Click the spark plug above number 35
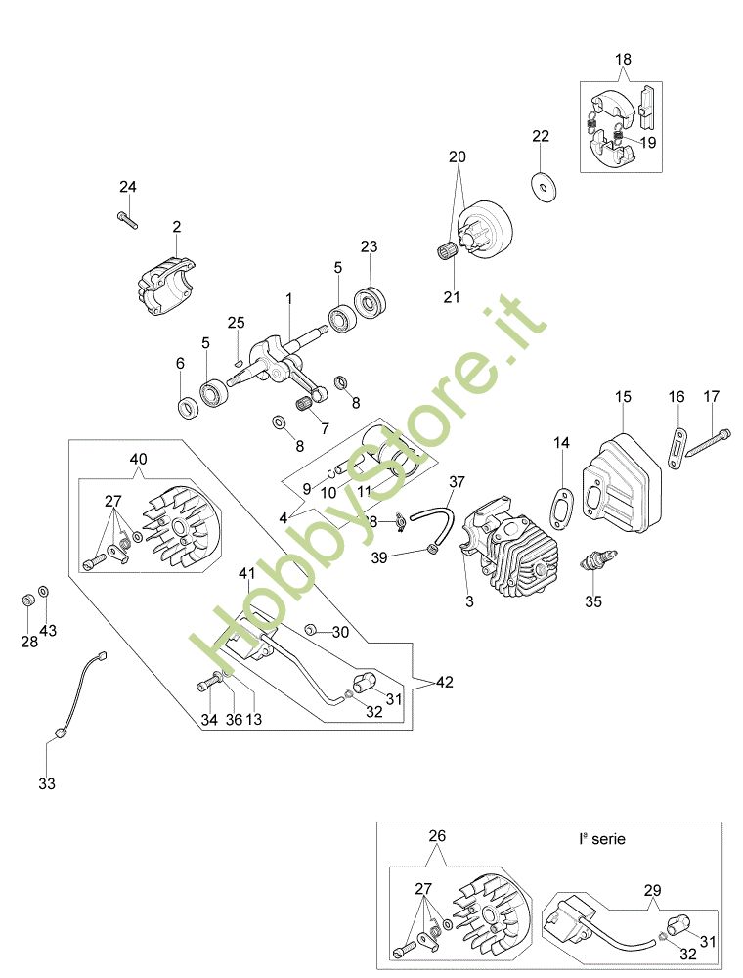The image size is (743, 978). [x=593, y=563]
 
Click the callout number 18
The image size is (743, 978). [x=623, y=60]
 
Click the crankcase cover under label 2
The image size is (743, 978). [x=166, y=285]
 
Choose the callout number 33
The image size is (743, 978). [x=47, y=783]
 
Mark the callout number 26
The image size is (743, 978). [x=436, y=836]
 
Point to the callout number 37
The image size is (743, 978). [x=457, y=482]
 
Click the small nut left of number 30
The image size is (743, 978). [x=309, y=629]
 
